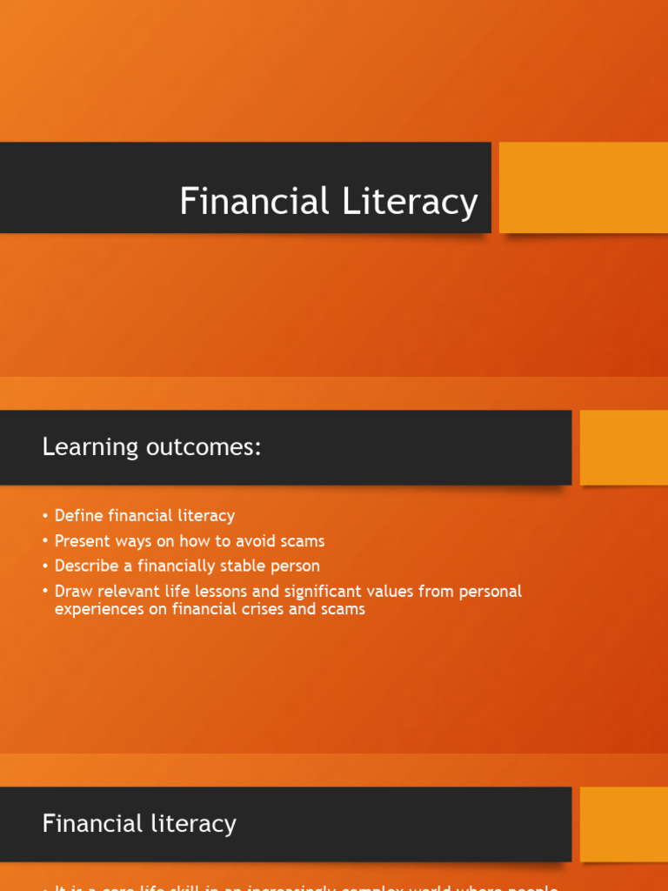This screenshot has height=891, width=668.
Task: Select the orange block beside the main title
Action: point(583,188)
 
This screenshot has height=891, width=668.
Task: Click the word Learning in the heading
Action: point(90,447)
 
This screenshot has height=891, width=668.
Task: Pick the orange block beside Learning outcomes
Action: point(624,447)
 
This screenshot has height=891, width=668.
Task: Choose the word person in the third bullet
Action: point(297,566)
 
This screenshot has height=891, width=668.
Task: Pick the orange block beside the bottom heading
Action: point(624,824)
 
